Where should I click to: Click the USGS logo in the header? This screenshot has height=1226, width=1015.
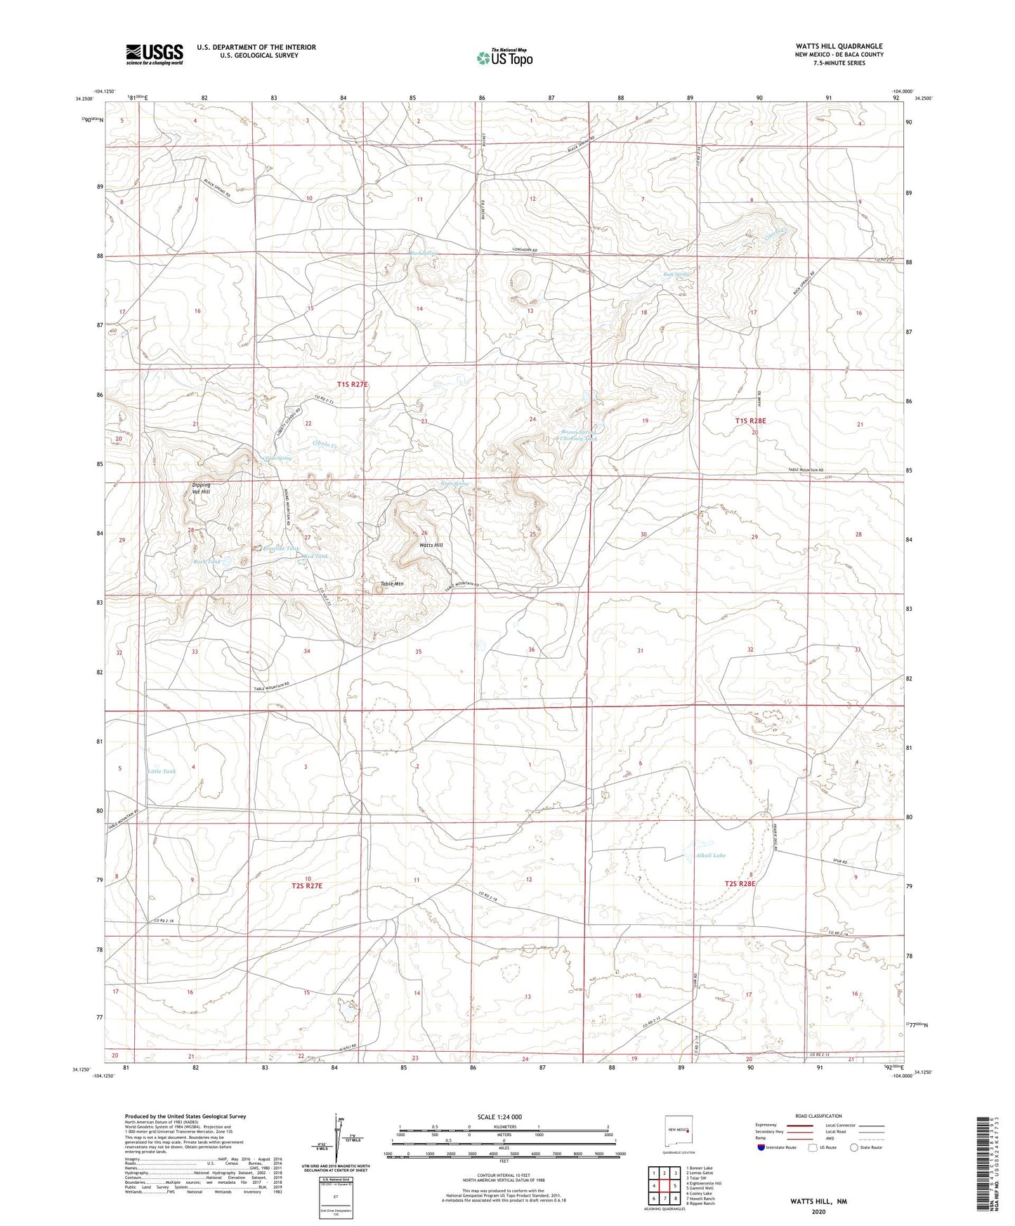point(155,54)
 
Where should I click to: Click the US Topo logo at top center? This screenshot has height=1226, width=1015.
point(504,58)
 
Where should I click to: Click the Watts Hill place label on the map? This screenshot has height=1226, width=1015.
point(431,546)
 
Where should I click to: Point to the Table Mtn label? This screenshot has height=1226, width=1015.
point(392,584)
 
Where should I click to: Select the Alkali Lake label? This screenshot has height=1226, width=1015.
point(710,855)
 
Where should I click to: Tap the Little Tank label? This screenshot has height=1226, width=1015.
point(162,771)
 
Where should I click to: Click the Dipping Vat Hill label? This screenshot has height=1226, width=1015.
point(201,488)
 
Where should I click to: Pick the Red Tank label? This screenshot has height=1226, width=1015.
point(315,556)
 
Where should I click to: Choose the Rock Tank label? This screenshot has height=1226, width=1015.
point(207,561)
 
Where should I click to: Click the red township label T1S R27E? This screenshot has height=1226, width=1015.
point(352,384)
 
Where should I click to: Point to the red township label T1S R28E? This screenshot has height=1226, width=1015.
point(750,421)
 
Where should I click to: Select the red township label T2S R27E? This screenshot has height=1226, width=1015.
point(306,886)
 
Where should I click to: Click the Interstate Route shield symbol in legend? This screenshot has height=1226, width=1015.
point(761,1148)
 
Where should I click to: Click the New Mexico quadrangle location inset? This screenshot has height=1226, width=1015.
point(679,1134)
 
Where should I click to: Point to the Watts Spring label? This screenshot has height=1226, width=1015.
point(454,484)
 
